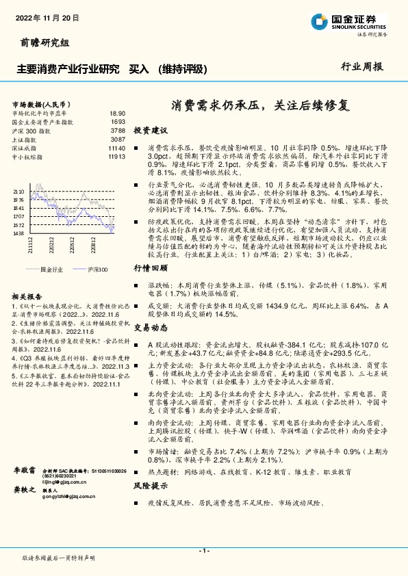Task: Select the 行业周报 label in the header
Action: [x=363, y=67]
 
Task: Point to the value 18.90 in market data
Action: [x=117, y=113]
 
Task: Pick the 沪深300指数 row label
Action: [x=31, y=130]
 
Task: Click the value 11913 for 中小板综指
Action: [x=116, y=157]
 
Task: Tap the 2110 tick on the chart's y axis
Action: [x=18, y=192]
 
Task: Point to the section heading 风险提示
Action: [x=150, y=486]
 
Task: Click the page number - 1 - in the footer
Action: [x=203, y=551]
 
